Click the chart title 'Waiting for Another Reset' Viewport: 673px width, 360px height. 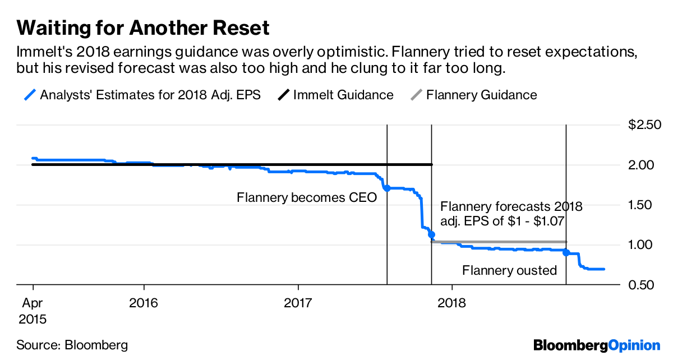[143, 28]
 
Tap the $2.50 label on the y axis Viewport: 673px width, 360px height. [644, 124]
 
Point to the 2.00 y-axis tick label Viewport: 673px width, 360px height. [641, 165]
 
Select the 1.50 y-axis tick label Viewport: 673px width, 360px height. [640, 205]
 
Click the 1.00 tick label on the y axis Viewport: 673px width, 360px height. [640, 244]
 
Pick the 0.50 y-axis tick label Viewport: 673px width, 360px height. [641, 285]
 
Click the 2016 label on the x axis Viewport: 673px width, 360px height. [144, 303]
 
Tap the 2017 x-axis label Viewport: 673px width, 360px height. [298, 303]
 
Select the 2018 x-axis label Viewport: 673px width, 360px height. [452, 303]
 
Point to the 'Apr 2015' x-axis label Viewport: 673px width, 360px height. [33, 311]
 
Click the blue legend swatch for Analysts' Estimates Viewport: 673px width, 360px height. [30, 95]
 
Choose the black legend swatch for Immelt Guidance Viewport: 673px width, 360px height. [284, 95]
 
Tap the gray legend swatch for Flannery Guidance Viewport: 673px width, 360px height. [416, 95]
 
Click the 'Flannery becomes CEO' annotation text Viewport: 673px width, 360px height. [307, 198]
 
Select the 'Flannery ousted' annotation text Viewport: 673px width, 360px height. [510, 270]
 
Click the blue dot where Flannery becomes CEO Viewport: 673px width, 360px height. [387, 188]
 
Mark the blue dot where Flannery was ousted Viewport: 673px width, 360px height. [566, 252]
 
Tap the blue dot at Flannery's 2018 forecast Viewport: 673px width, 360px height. [431, 235]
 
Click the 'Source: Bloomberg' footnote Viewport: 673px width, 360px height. [72, 345]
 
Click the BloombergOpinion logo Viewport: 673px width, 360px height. [597, 345]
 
